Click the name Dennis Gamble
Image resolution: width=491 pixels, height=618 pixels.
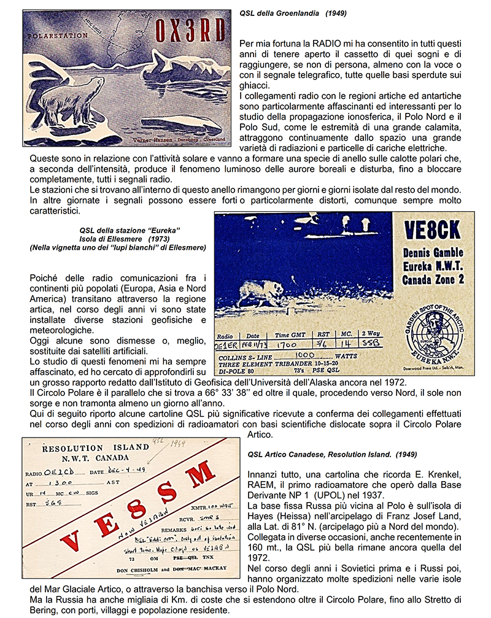[x=431, y=253]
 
